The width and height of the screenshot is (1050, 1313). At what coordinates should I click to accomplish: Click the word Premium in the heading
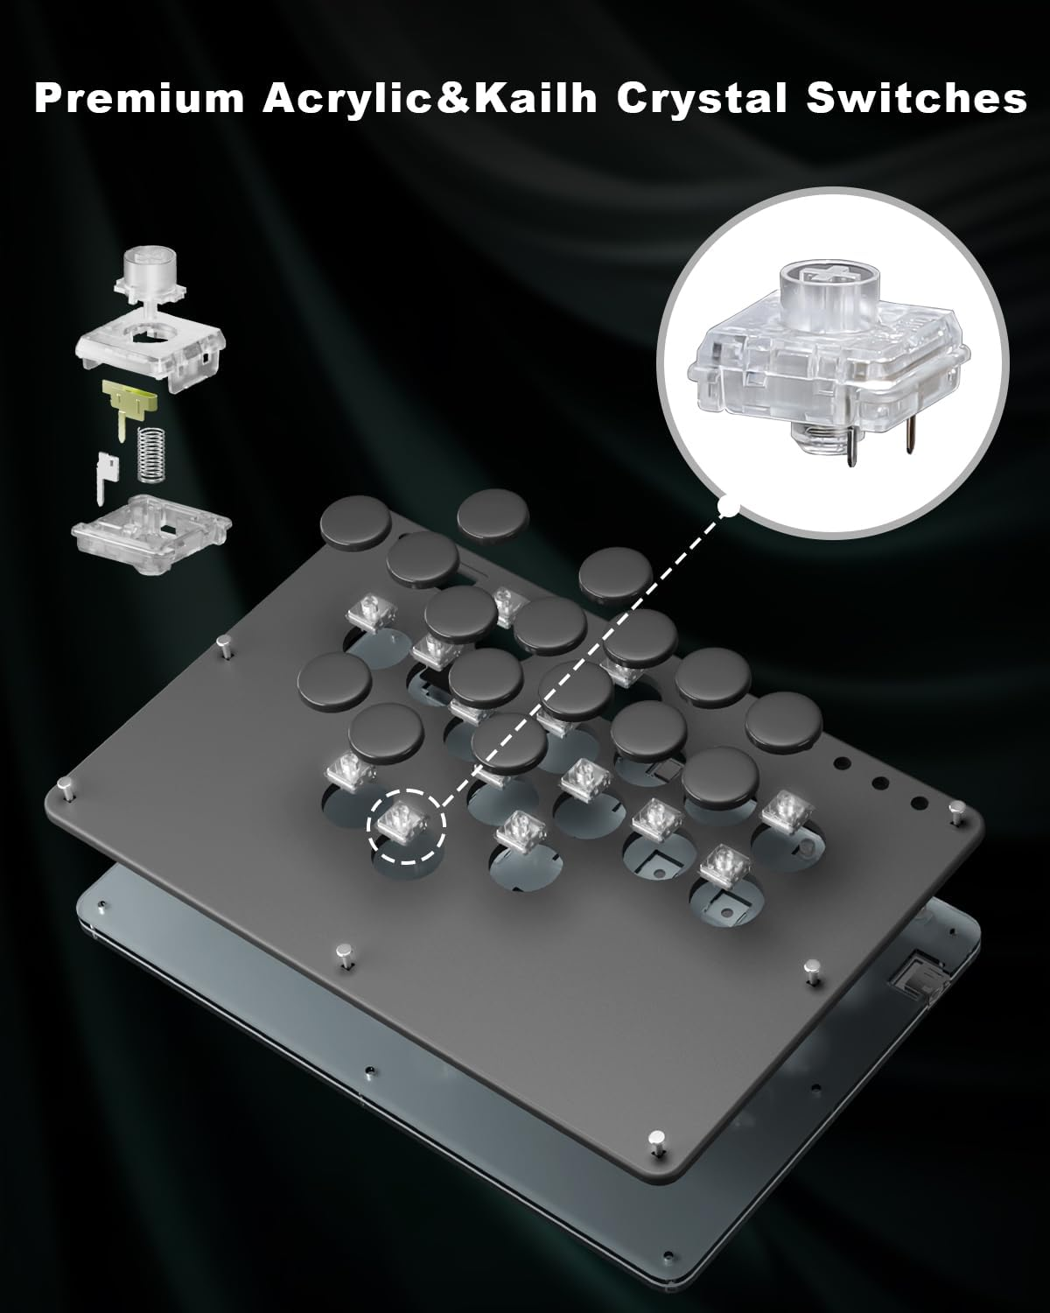[139, 100]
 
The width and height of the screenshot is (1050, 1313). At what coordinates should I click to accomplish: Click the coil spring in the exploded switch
[153, 454]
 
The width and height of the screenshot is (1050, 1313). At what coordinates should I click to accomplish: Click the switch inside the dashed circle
[406, 820]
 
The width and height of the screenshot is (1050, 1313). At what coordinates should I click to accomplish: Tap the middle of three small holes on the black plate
[881, 783]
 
